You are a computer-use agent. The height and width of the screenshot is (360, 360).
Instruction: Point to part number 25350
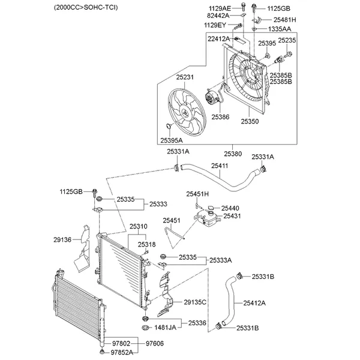click(x=250, y=121)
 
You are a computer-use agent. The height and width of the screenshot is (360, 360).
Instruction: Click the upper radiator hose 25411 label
click(x=219, y=165)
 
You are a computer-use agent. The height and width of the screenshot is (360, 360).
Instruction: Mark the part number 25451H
click(x=197, y=194)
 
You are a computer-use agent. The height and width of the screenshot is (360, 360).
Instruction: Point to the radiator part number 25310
click(x=138, y=227)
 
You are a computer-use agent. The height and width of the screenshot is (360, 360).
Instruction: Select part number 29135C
click(x=195, y=302)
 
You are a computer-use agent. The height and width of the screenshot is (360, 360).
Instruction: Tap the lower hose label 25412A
click(x=254, y=304)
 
